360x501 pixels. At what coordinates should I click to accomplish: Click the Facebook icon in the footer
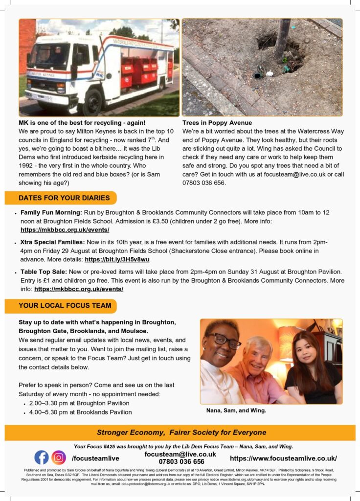[42, 457]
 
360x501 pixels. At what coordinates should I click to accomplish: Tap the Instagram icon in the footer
[59, 457]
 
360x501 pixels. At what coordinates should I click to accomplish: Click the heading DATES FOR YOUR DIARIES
[61, 198]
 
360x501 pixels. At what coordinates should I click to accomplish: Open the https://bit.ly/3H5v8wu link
[117, 259]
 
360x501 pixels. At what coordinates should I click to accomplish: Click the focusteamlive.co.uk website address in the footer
[283, 458]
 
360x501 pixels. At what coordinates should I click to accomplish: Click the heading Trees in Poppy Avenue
[217, 122]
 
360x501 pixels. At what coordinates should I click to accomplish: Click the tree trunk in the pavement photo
[282, 39]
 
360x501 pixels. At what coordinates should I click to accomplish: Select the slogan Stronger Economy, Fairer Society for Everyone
[181, 433]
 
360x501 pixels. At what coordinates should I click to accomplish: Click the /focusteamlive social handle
[95, 458]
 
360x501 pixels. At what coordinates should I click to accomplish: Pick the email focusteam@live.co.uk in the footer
[180, 454]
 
